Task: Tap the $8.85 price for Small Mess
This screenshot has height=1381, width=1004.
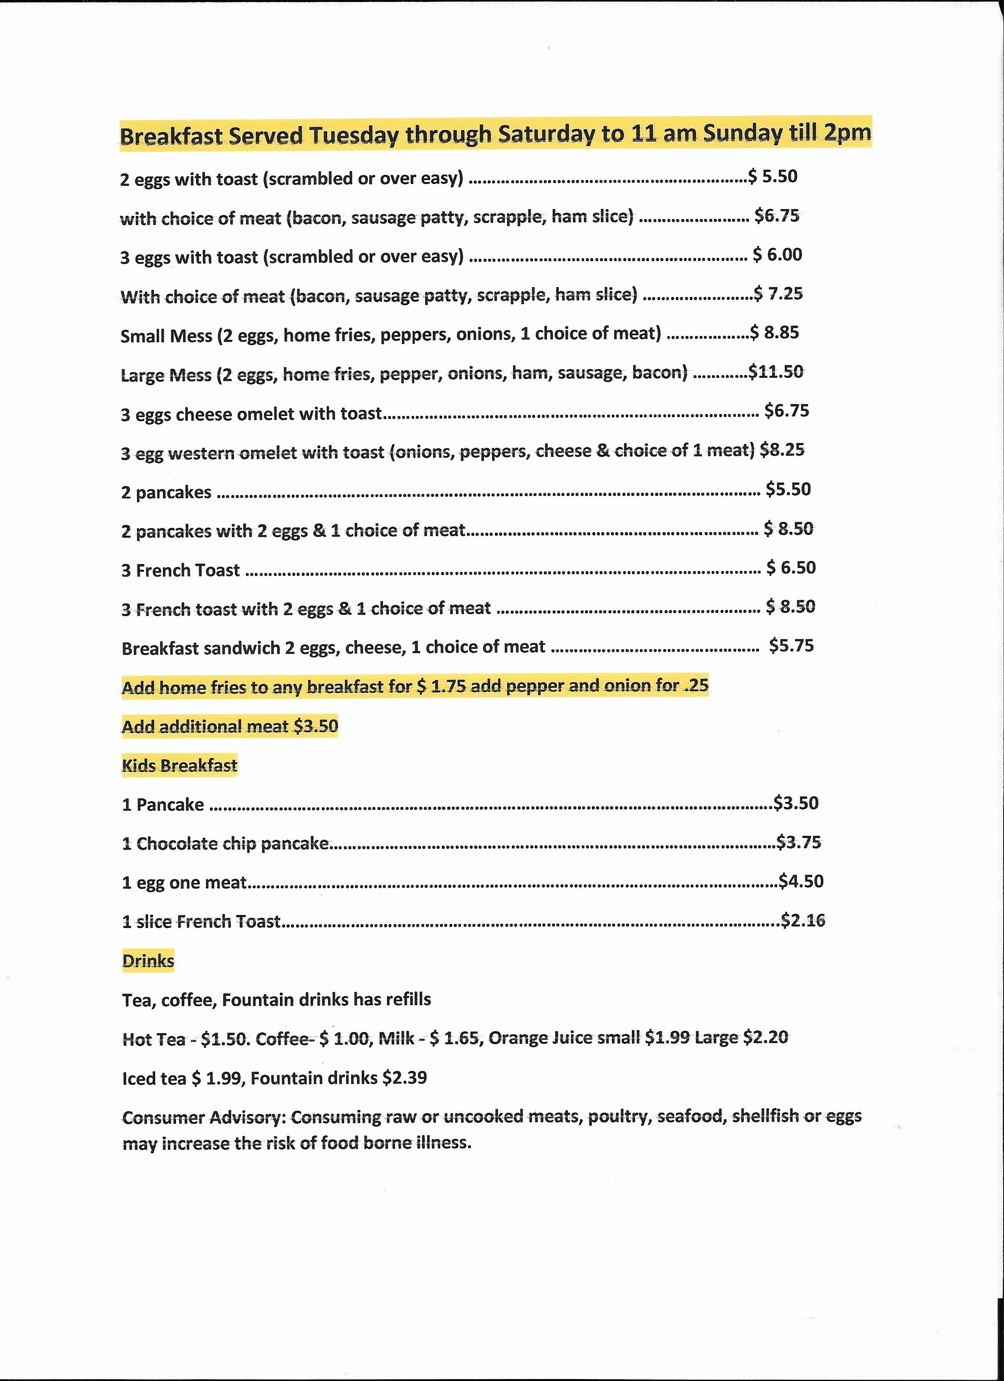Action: [x=774, y=332]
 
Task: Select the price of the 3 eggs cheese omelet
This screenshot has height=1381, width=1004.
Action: [x=787, y=410]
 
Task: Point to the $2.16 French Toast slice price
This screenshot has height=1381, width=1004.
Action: [x=803, y=920]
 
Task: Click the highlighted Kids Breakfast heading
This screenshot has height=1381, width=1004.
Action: [x=180, y=765]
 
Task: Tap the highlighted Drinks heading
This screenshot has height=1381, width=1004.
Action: [x=148, y=960]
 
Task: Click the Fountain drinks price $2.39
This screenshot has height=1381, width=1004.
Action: [x=405, y=1078]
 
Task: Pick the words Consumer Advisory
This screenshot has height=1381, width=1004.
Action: [x=204, y=1118]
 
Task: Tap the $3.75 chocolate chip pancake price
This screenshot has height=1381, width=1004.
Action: [x=799, y=842]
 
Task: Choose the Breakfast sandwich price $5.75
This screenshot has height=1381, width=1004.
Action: [x=791, y=646]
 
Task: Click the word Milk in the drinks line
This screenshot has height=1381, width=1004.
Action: [x=397, y=1038]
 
